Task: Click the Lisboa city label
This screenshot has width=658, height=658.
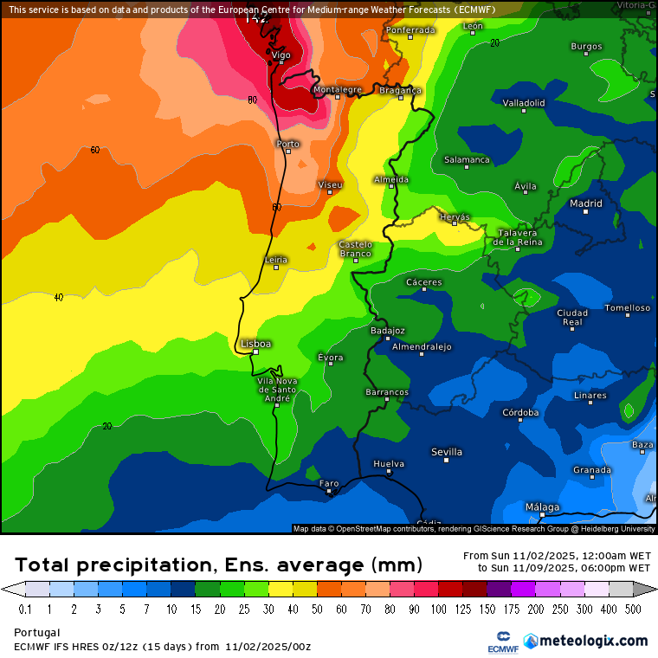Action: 256,344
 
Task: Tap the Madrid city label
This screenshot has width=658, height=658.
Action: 585,204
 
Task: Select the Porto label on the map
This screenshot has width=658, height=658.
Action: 287,144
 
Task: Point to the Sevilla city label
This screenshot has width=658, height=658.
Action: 447,452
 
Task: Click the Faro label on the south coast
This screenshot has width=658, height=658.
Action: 329,483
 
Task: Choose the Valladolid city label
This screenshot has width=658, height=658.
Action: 524,102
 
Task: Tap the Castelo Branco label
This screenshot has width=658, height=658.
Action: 355,248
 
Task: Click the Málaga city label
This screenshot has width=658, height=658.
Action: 542,507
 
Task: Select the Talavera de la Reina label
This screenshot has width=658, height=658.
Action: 517,237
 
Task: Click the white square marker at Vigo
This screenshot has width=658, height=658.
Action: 281,62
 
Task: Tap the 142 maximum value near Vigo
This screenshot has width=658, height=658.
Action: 257,17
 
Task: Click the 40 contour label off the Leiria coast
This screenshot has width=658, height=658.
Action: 59,297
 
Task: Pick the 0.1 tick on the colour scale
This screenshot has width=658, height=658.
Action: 24,610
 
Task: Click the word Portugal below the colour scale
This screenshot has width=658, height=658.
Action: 37,633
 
